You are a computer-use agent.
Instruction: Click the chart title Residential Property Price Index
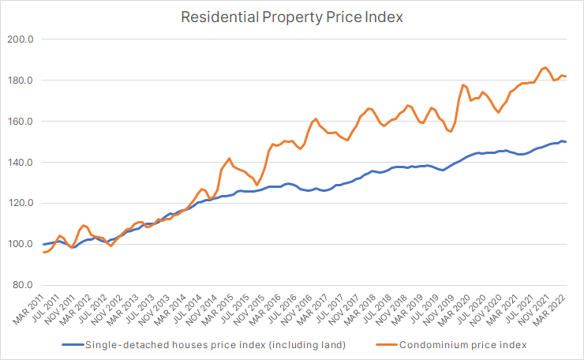point(291,16)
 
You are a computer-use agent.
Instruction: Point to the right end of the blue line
point(566,142)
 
